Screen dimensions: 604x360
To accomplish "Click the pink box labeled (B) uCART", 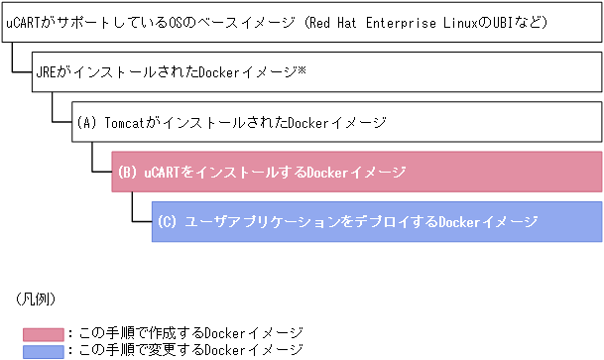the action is coord(357,172).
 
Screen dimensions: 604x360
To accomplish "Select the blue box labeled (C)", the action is coord(377,221).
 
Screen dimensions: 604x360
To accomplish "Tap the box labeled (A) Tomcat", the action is coord(337,123).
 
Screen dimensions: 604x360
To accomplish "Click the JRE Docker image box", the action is coord(317,73).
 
